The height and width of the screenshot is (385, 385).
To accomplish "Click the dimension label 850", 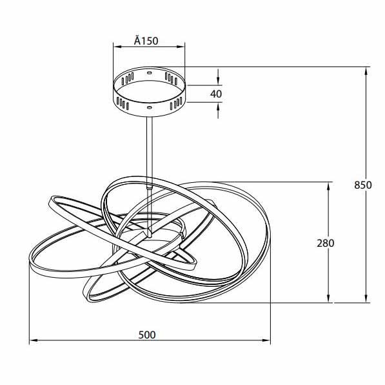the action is pos(363,185).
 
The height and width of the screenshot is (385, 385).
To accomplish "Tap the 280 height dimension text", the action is pos(325,244).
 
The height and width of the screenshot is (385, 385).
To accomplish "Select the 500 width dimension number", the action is pos(147,335).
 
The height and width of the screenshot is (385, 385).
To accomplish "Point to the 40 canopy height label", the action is pos(216,94).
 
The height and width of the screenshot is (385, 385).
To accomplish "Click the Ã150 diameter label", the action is pos(146,41).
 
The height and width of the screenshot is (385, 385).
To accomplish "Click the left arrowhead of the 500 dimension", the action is pos(34,340).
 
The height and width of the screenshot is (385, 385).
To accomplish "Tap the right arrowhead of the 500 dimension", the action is pos(266,340).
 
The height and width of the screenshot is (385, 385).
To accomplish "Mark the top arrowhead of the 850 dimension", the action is pos(366,71).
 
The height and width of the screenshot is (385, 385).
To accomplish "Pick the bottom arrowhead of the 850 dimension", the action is pos(366,298).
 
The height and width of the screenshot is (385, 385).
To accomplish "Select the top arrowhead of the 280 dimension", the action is pos(329,187).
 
